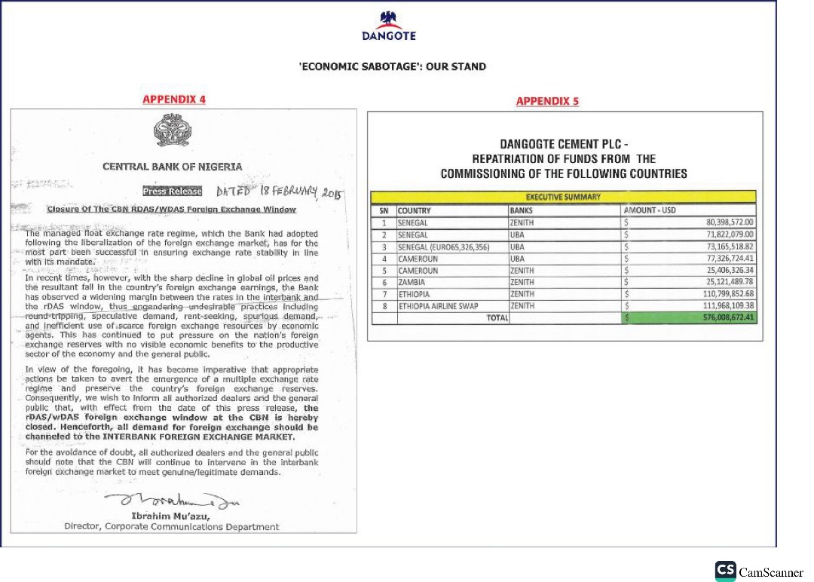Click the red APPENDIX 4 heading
(174, 100)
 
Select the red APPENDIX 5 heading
(547, 101)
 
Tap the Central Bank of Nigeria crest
(173, 132)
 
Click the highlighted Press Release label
(173, 191)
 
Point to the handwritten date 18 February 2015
(279, 191)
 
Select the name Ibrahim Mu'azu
(172, 515)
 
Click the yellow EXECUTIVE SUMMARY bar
(563, 198)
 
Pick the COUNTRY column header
(414, 210)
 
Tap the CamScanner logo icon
(725, 571)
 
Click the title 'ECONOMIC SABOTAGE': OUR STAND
(393, 66)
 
